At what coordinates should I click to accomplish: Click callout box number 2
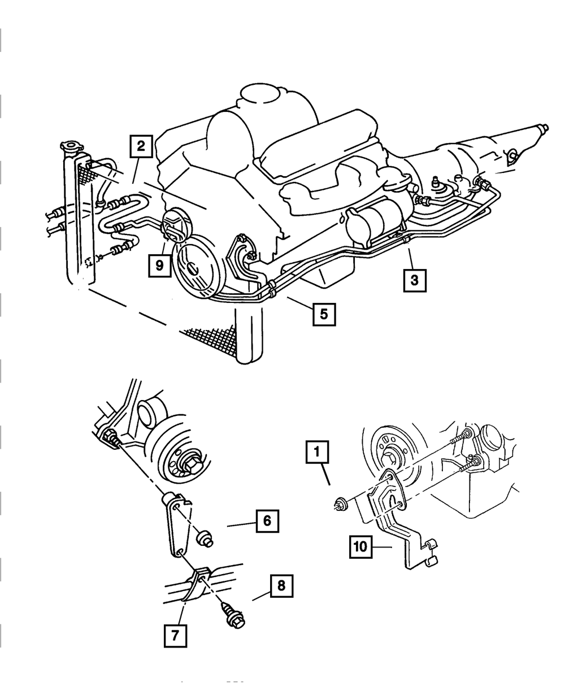(x=141, y=147)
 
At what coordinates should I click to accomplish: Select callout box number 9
(x=160, y=264)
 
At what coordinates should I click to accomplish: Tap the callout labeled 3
(x=415, y=280)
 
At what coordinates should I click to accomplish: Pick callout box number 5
(x=324, y=314)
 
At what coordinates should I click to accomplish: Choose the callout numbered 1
(x=317, y=453)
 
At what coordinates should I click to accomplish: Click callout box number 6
(x=267, y=520)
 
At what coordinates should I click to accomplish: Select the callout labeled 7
(x=175, y=635)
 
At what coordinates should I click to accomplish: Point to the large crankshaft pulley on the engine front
(x=194, y=269)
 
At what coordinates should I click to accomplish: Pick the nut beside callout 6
(x=205, y=539)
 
